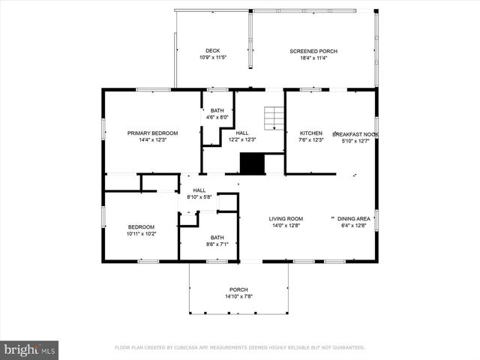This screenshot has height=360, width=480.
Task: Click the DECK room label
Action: tap(213, 51)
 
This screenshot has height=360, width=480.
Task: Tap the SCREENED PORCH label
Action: tap(313, 51)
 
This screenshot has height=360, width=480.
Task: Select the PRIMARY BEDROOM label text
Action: tap(146, 133)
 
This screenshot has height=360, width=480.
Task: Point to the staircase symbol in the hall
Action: tap(274, 118)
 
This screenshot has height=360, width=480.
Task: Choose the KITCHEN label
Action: tap(310, 133)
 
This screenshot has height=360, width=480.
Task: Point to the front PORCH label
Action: tap(238, 289)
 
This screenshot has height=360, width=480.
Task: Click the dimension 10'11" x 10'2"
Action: tap(141, 233)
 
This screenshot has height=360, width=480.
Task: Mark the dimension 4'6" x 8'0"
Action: tap(217, 117)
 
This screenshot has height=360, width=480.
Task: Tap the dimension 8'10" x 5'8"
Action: tap(199, 196)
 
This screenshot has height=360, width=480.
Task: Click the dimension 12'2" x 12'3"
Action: tap(242, 139)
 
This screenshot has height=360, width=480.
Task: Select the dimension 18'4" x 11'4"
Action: tap(313, 58)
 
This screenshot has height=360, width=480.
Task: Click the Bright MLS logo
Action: tap(30, 349)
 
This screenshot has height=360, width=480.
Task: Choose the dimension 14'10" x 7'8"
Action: tap(238, 296)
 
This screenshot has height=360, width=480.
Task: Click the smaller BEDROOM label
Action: tap(141, 226)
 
